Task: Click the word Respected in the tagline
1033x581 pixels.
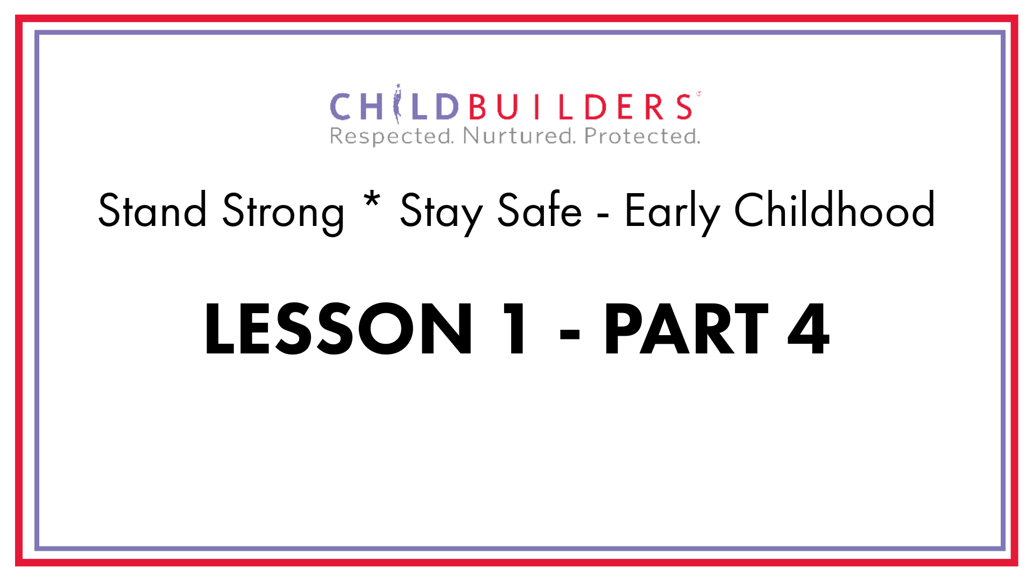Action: click(392, 137)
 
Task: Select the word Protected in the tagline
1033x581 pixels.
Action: click(642, 136)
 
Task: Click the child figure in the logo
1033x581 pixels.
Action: click(398, 104)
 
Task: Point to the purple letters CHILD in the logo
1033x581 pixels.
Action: click(394, 105)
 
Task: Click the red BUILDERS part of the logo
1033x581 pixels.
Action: click(581, 107)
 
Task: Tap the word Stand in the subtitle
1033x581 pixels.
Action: click(152, 210)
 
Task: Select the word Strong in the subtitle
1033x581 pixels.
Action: click(284, 213)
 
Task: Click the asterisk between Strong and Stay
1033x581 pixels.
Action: click(372, 202)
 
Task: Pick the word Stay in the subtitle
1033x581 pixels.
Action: click(441, 213)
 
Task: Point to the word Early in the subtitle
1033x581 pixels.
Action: click(672, 213)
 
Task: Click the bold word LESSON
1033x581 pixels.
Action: click(338, 329)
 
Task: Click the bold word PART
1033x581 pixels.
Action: click(687, 329)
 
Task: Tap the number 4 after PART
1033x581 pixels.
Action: click(809, 329)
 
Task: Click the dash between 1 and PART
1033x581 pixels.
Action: click(570, 334)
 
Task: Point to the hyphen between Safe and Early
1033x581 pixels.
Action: click(603, 217)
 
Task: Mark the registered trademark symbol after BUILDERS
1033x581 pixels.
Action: click(698, 94)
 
